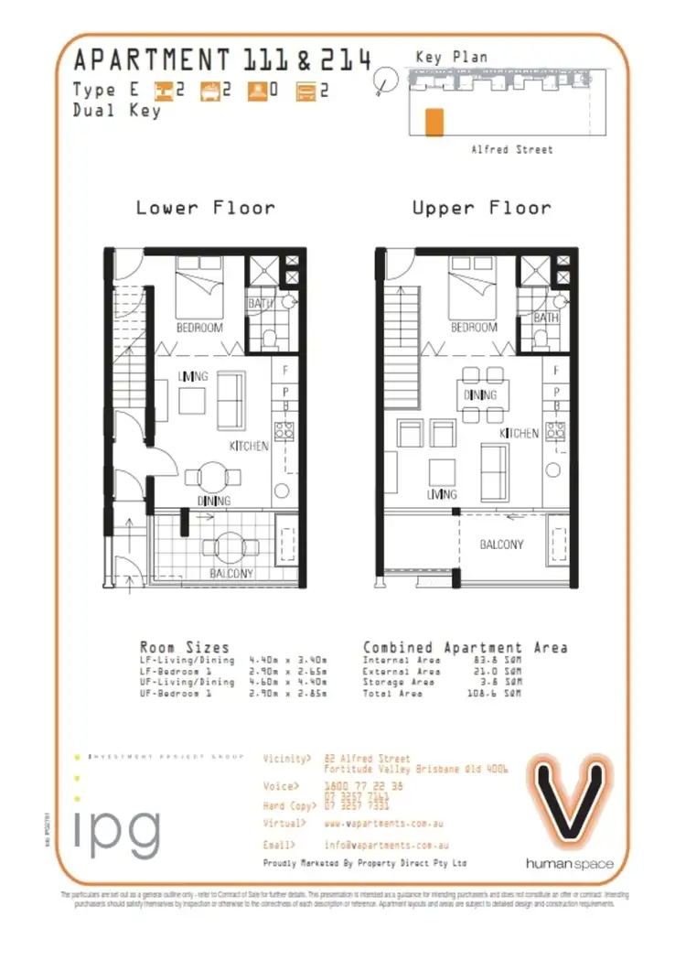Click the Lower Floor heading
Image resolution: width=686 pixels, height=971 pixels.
coord(205,208)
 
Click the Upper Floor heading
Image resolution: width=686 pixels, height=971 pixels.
coord(481,208)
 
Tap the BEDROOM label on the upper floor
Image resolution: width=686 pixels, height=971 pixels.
coord(474,327)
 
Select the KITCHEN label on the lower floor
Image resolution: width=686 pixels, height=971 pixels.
coord(249,446)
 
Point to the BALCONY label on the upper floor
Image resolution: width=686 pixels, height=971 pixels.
coord(502,545)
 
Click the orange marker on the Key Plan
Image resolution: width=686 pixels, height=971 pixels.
coord(435,122)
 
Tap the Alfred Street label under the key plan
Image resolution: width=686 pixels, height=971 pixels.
coord(511,149)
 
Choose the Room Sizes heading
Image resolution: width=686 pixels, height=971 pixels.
coord(184,647)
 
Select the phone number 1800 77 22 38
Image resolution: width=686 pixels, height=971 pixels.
coord(364,786)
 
